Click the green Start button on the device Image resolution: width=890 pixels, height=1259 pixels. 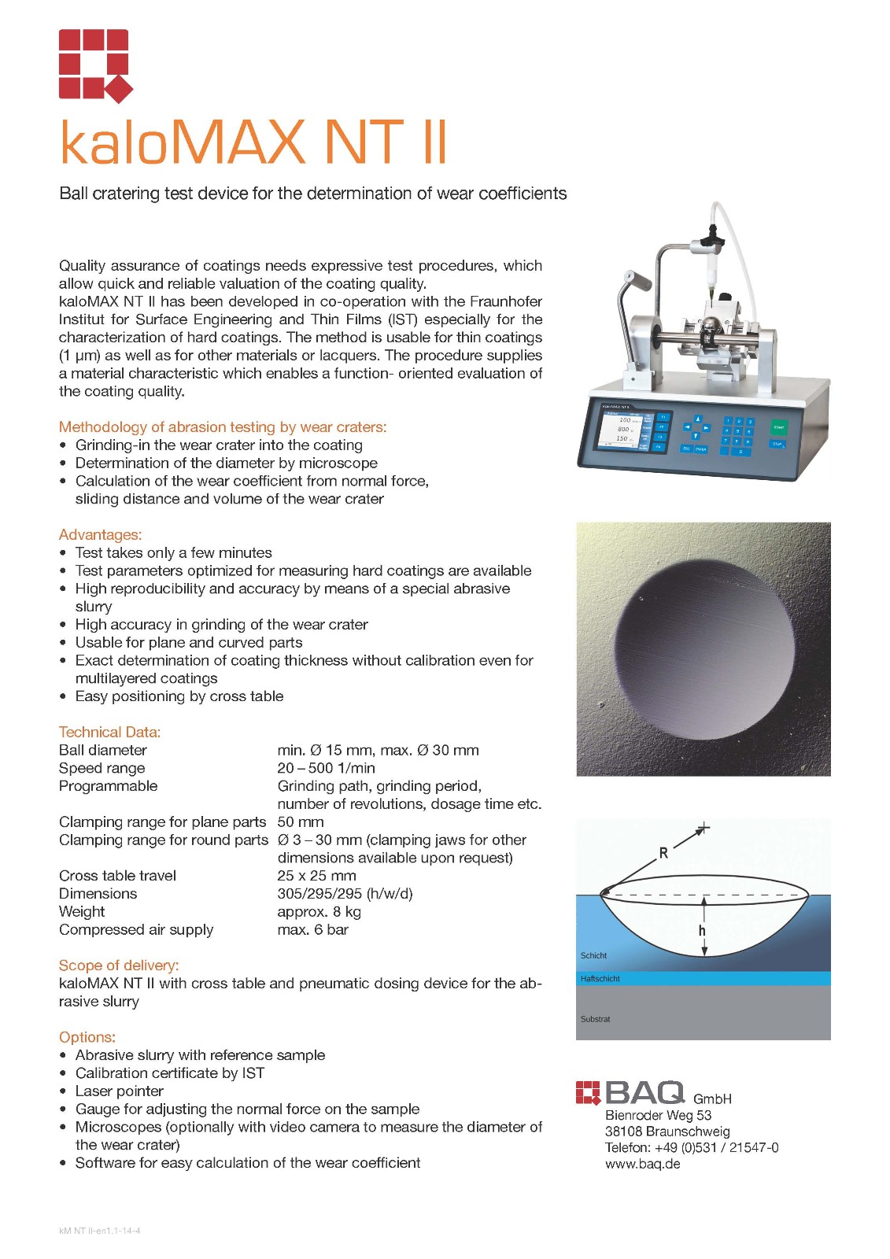pyautogui.click(x=778, y=427)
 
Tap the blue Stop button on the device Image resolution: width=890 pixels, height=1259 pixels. pyautogui.click(x=777, y=444)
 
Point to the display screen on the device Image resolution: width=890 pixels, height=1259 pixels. pyautogui.click(x=622, y=430)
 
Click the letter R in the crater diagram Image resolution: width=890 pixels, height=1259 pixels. pyautogui.click(x=663, y=853)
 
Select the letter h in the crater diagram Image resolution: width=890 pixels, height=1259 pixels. pyautogui.click(x=702, y=930)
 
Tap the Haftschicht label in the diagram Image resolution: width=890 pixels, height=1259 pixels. pyautogui.click(x=600, y=979)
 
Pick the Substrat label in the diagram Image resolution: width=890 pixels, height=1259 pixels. pyautogui.click(x=596, y=1019)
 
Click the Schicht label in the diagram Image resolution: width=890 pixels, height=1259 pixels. pyautogui.click(x=594, y=955)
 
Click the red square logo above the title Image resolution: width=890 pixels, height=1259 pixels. pyautogui.click(x=95, y=65)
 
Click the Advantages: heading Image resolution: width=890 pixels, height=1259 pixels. pyautogui.click(x=100, y=535)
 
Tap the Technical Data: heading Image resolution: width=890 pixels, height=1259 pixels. pyautogui.click(x=109, y=732)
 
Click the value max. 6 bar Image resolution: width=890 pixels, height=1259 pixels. pyautogui.click(x=312, y=930)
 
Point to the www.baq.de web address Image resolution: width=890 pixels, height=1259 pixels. pyautogui.click(x=643, y=1164)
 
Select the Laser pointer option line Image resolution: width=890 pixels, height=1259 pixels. pyautogui.click(x=120, y=1091)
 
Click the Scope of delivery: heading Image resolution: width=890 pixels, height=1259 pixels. pyautogui.click(x=119, y=965)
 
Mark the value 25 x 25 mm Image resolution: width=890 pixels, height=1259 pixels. pyautogui.click(x=316, y=876)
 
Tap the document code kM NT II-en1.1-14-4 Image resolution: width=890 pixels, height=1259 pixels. pyautogui.click(x=100, y=1231)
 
